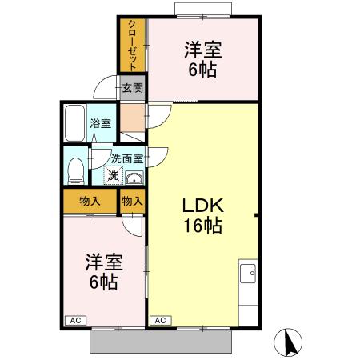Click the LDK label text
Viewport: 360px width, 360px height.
coord(202,206)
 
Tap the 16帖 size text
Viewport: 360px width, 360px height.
coord(202,226)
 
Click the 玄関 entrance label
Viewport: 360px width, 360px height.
coord(131,87)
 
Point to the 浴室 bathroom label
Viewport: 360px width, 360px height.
coord(101,124)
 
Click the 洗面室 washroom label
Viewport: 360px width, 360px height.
coord(126,160)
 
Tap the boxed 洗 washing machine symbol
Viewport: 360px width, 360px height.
coord(113,174)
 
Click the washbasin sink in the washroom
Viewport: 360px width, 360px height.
coord(134,178)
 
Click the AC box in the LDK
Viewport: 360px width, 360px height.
coord(159,320)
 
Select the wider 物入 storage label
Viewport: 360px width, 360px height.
coord(90,202)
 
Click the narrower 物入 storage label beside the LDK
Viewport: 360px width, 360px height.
coord(132,202)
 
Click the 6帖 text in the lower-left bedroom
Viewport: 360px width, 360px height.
coord(102,282)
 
